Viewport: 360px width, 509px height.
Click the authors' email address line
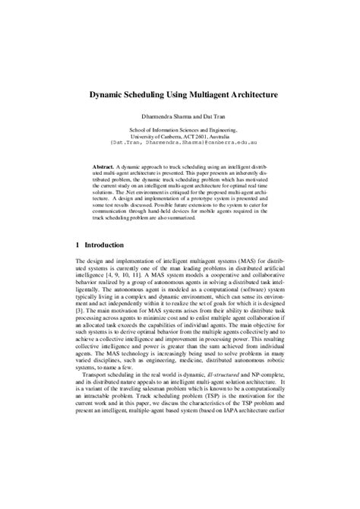[180, 142]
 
